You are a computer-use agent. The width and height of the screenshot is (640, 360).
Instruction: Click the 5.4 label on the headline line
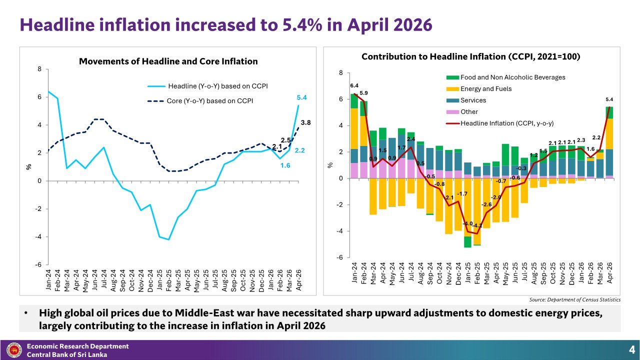tap(301, 97)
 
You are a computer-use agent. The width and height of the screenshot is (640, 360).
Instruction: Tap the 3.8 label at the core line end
tap(305, 122)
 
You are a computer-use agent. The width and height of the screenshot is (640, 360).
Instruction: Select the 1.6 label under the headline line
tap(285, 165)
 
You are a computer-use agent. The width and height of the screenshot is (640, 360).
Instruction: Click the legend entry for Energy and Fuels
tap(479, 89)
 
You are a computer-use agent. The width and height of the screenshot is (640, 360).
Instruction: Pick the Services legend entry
tap(466, 100)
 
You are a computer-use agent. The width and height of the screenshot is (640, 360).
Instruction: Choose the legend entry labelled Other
tap(462, 111)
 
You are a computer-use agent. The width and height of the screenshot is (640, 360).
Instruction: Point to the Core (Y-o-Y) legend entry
tap(200, 101)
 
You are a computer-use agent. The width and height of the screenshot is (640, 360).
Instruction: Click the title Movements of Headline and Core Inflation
tap(168, 61)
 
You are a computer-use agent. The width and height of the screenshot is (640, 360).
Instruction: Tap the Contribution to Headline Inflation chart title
tap(471, 56)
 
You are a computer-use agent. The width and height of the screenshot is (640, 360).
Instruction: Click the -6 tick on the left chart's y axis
tap(38, 264)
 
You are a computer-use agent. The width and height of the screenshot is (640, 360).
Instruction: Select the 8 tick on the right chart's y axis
tap(341, 73)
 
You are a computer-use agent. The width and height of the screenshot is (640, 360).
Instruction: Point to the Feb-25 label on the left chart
tap(168, 280)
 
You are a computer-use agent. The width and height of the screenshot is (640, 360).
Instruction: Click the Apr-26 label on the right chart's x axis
tap(609, 273)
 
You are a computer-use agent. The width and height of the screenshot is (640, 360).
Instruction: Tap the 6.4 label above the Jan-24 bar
tap(354, 85)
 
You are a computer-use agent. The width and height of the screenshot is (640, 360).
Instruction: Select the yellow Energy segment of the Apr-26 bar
tap(609, 133)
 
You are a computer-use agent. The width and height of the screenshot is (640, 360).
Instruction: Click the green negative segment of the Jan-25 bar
tap(467, 242)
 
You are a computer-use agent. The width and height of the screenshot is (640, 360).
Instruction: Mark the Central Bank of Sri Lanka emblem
tap(14, 350)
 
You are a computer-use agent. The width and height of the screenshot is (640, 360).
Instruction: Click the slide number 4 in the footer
tap(631, 349)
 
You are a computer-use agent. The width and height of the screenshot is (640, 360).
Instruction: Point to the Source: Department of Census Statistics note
tap(575, 299)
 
